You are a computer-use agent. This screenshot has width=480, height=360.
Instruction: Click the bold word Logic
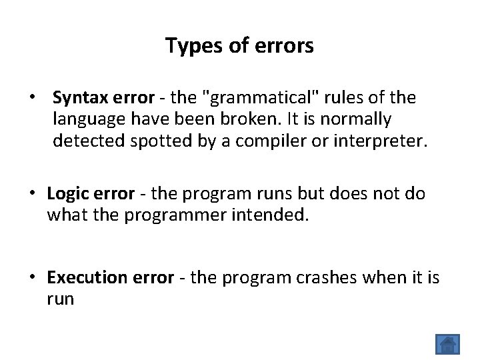[67, 193]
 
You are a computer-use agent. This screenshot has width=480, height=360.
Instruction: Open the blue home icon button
[447, 345]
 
